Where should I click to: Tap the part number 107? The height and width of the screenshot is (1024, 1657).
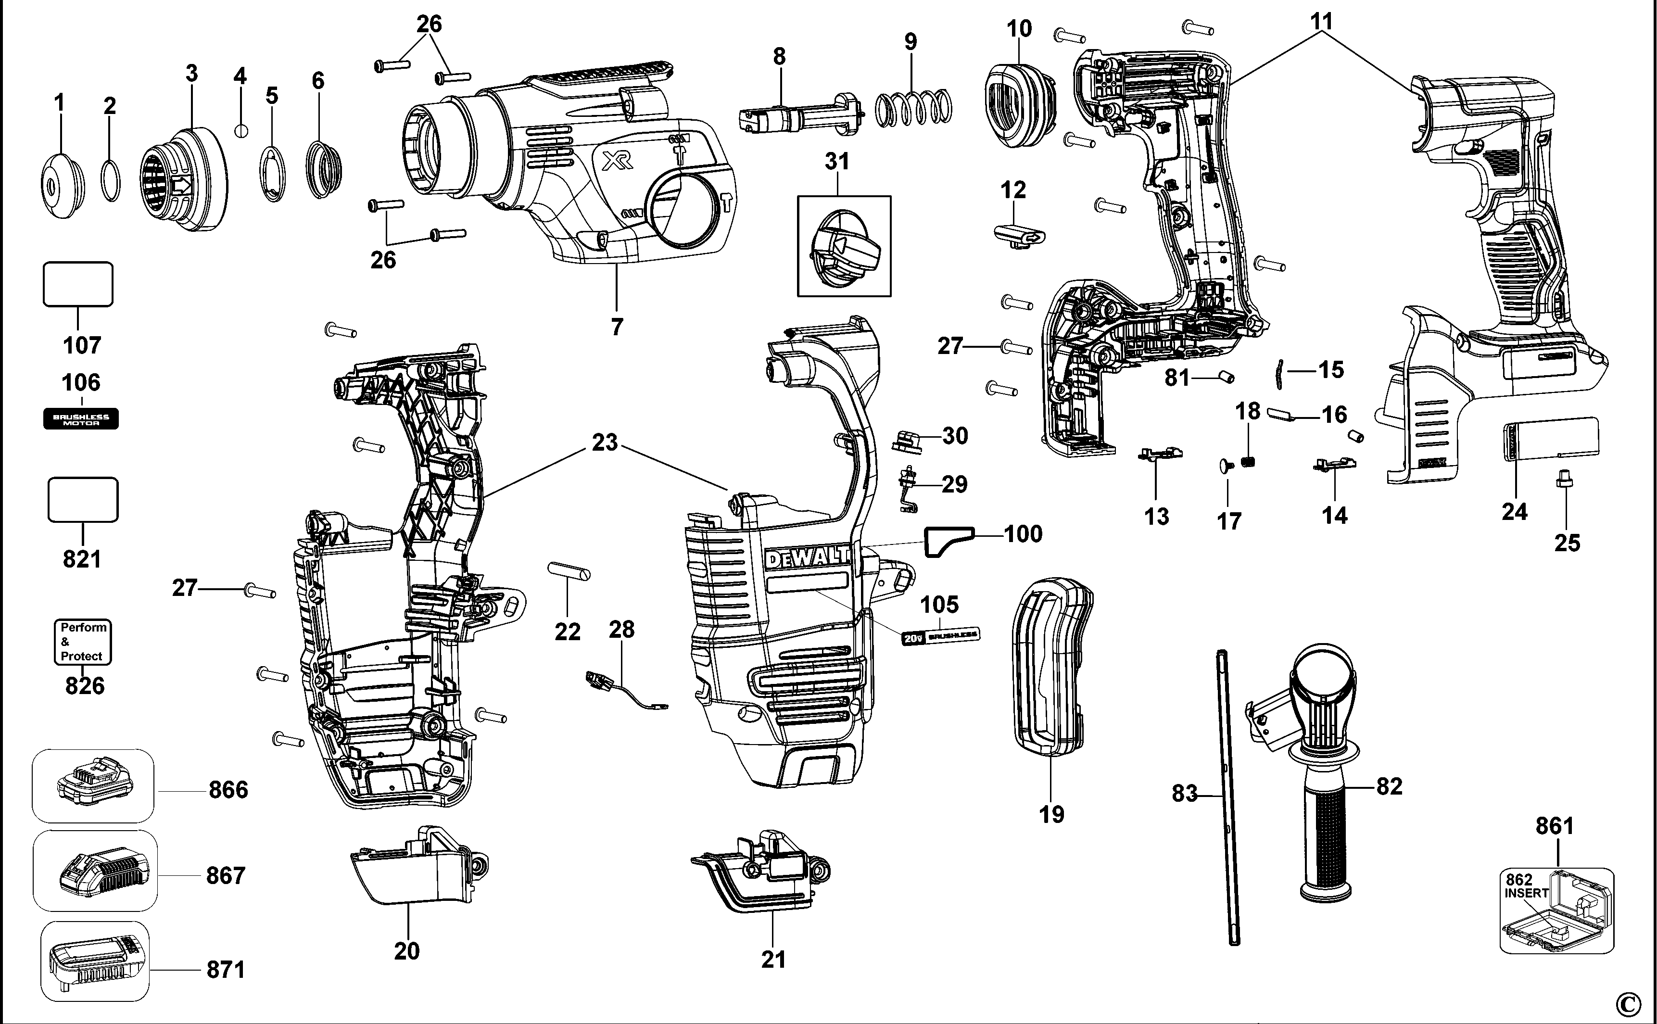click(81, 345)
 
